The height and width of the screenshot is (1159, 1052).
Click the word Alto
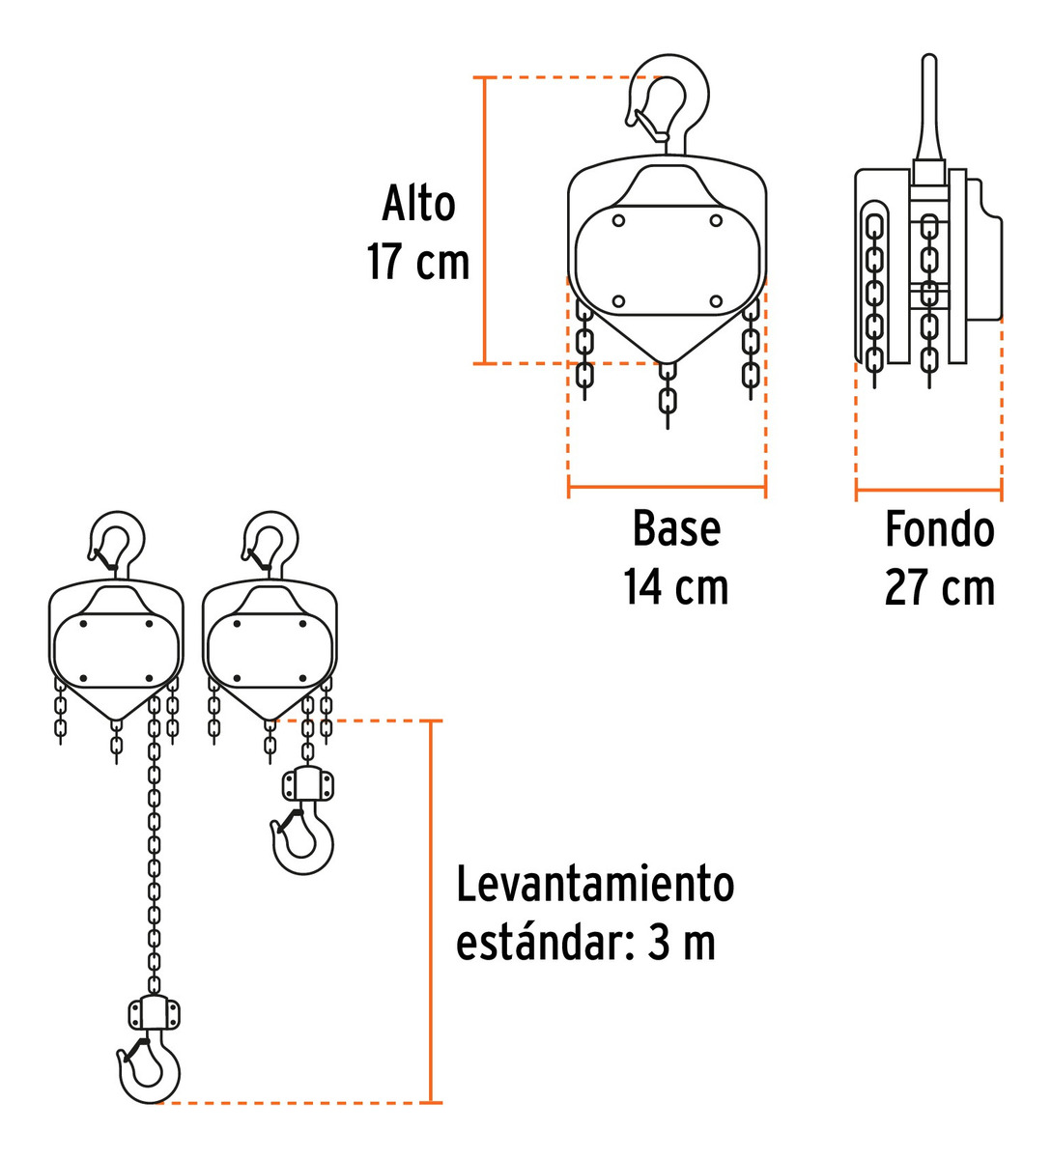[x=417, y=204]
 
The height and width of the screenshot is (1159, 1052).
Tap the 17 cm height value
[x=417, y=262]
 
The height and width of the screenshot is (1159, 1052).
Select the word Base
[x=676, y=529]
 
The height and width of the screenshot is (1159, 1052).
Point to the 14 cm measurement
[x=675, y=587]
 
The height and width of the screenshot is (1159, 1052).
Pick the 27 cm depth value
[x=939, y=587]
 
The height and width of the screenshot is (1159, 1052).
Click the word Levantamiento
[x=595, y=885]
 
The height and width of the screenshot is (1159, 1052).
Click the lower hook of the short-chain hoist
[x=303, y=841]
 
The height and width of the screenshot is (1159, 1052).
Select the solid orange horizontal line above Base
[x=667, y=490]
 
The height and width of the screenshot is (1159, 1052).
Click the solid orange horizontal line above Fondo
[x=928, y=492]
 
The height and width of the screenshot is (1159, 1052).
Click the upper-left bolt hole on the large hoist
[x=619, y=220]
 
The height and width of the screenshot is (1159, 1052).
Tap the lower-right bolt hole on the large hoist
[x=716, y=301]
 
